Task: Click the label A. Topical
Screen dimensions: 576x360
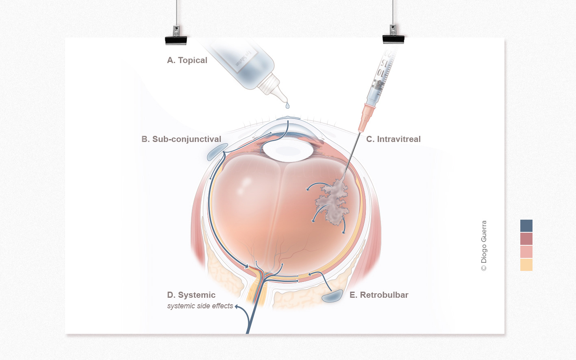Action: click(187, 60)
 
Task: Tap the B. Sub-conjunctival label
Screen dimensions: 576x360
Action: click(181, 139)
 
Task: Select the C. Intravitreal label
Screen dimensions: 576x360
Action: click(393, 139)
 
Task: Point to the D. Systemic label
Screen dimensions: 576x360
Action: click(191, 295)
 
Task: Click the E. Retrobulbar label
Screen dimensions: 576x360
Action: click(379, 295)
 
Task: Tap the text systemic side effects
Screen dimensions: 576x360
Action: click(200, 306)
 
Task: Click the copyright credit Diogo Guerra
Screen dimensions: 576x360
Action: click(484, 246)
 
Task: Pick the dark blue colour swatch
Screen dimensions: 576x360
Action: click(526, 226)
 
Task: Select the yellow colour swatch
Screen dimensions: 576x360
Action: click(526, 265)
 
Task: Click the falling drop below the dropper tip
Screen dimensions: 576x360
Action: click(288, 106)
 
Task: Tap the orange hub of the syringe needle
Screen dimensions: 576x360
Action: click(367, 118)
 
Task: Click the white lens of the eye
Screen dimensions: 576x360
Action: click(288, 150)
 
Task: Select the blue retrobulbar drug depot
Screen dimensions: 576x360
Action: click(333, 296)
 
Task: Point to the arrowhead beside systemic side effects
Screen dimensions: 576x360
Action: click(237, 306)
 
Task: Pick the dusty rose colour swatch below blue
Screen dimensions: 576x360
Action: click(526, 239)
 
